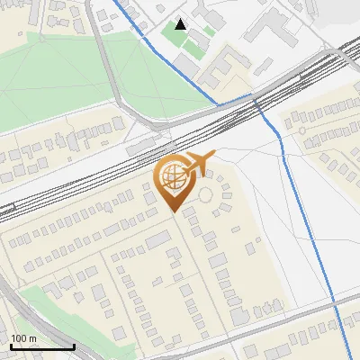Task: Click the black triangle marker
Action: coord(182,24)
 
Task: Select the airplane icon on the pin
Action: coord(199,165)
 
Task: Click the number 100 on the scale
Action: coord(19,337)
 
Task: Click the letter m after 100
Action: coord(32,337)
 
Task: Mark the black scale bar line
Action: coord(41,346)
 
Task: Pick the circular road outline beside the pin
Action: coord(206,193)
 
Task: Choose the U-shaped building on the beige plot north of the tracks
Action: coord(232,65)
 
